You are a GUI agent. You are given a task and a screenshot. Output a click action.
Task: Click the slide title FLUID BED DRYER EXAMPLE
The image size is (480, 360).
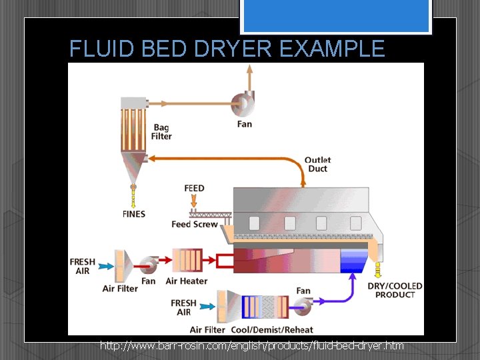(227, 49)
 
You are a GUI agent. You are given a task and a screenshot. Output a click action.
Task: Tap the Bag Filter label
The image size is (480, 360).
(161, 132)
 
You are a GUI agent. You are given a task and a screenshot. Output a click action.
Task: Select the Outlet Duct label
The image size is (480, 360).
(317, 164)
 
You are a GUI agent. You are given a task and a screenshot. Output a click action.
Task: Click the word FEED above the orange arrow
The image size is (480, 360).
(194, 189)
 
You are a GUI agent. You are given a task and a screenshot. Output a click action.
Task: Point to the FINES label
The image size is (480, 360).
(133, 214)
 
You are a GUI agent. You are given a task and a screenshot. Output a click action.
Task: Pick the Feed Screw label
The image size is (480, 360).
(194, 225)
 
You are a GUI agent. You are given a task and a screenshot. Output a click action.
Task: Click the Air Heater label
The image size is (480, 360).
(186, 281)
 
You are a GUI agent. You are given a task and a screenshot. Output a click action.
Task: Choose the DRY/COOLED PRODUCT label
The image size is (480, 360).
(395, 290)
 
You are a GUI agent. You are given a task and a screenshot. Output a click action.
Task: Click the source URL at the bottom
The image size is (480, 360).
(251, 345)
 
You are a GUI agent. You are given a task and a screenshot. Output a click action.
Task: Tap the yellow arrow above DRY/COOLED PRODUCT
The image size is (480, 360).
(378, 270)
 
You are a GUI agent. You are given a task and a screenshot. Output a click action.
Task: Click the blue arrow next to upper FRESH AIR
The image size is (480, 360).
(106, 265)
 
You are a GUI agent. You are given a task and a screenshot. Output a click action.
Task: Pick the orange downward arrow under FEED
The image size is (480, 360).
(194, 200)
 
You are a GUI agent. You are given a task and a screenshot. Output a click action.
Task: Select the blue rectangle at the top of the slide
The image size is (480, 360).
(336, 16)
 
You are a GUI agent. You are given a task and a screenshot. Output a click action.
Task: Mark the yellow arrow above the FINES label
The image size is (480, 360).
(133, 198)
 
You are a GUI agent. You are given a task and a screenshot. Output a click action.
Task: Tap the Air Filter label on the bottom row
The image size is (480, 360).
(207, 329)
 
